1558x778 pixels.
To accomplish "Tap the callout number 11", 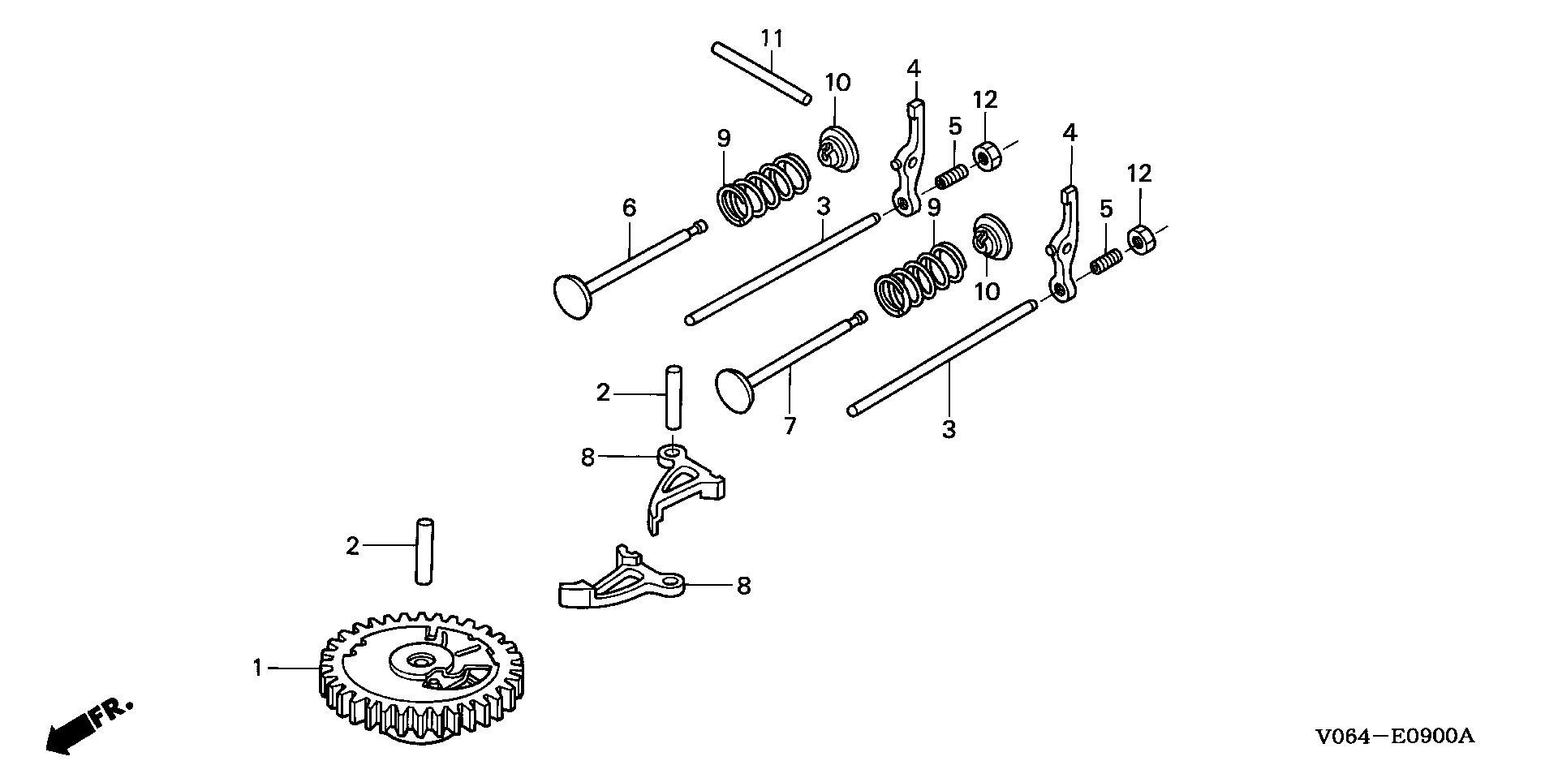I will point(772,37).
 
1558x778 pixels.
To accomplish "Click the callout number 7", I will point(790,426).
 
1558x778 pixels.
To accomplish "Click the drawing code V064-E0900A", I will point(1394,736).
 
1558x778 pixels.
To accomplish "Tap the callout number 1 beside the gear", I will point(257,668).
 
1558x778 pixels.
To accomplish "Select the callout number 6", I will point(630,208).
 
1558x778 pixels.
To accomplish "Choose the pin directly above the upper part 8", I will point(674,398).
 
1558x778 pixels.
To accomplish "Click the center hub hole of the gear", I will point(420,661).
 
